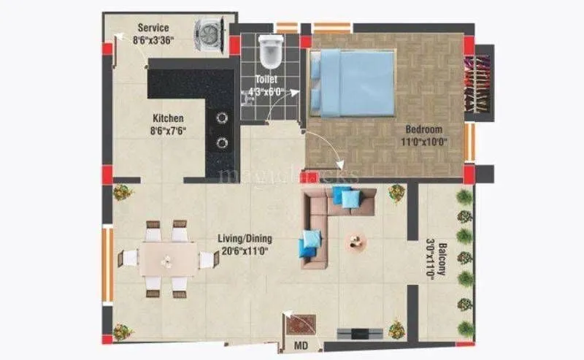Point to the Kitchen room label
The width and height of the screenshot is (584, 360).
coord(168,118)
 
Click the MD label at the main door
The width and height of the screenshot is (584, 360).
coord(300,344)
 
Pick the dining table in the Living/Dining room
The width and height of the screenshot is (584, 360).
coord(168,258)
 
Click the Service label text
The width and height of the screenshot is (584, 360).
coord(153,28)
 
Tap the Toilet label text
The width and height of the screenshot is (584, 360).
coord(266,78)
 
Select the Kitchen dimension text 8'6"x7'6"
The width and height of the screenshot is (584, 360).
coord(169,131)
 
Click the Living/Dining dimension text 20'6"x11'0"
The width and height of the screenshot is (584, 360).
coord(245,251)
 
